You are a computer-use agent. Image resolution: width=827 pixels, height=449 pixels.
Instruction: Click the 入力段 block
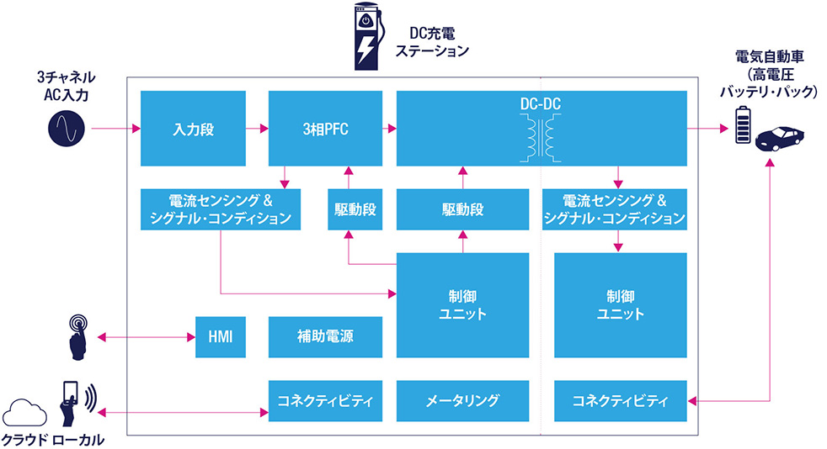click(x=193, y=129)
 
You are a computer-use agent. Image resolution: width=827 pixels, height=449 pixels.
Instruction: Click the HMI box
click(x=220, y=337)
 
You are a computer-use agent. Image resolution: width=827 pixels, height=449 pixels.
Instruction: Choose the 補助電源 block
click(x=324, y=337)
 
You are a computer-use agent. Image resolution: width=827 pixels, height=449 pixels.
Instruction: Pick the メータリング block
click(x=462, y=401)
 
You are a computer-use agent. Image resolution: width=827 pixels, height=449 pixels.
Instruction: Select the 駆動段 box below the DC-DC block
click(x=462, y=209)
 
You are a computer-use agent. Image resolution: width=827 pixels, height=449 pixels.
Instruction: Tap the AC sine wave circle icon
click(x=66, y=129)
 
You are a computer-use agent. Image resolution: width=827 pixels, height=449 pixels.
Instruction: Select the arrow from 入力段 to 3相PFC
click(x=257, y=129)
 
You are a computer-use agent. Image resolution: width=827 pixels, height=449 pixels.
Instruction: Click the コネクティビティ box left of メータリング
click(x=324, y=401)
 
